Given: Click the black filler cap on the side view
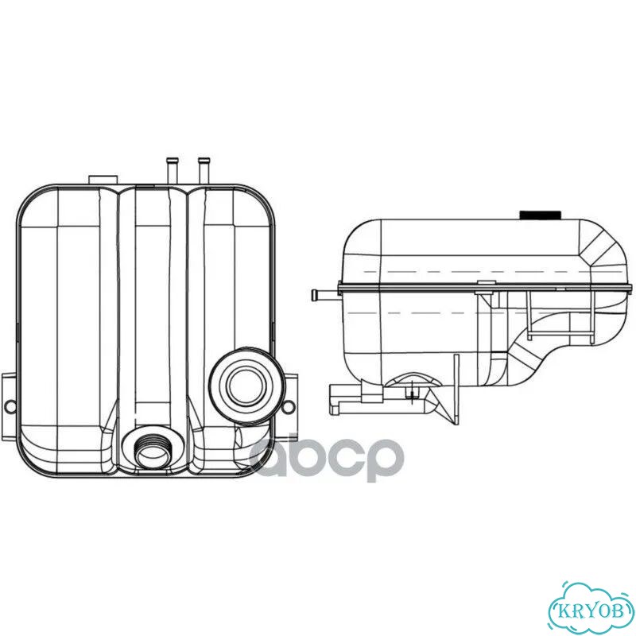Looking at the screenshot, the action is coord(541,215).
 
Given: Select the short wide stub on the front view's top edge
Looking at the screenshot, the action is coord(103,180).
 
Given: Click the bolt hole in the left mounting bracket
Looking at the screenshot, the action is coord(10,406).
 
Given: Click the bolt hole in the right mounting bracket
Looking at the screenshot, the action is coord(289,406).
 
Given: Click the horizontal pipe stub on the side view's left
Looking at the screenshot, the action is coord(325,293).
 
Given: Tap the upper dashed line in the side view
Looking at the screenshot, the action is coord(494,271).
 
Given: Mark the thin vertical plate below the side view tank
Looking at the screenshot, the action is coord(456,390).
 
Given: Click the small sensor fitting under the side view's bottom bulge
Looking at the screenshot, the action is coord(410,394).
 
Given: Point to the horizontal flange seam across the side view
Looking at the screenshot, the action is coord(485,288).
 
